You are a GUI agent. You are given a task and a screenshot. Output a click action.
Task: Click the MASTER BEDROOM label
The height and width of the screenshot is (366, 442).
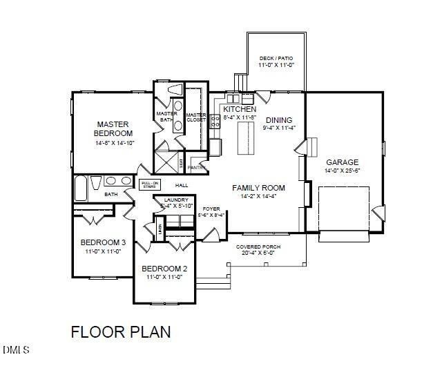point(114,128)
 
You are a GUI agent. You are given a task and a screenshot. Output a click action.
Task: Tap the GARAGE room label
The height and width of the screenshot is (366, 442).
point(342,162)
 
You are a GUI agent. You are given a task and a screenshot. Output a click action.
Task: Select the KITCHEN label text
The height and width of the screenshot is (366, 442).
point(240,110)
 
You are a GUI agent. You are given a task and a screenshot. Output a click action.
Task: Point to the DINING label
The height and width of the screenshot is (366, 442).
point(279,119)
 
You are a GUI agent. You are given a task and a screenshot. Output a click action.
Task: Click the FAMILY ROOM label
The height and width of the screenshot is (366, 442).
point(258,187)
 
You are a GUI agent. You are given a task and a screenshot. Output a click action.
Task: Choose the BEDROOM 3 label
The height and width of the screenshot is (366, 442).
point(103,242)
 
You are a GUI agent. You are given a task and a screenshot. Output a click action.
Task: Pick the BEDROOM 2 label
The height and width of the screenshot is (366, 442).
point(164,269)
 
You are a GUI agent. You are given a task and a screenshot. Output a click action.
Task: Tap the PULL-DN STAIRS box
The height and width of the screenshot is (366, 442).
point(151,185)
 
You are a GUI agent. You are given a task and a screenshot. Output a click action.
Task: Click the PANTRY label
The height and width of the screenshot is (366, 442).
point(197,166)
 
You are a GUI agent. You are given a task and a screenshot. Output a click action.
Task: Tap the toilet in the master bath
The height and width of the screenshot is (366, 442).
point(173,90)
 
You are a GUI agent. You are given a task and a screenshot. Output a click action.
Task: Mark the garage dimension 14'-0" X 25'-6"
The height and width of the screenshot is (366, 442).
point(342,171)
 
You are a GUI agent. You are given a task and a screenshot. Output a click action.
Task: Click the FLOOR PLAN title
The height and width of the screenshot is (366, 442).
point(121,332)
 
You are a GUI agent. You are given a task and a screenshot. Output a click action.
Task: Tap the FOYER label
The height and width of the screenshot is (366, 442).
point(211,208)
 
